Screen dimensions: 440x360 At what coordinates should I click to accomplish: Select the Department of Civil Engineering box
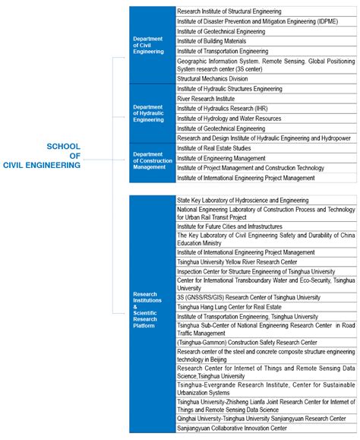pyautogui.click(x=150, y=45)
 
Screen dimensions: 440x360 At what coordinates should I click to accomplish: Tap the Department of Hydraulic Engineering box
pyautogui.click(x=150, y=113)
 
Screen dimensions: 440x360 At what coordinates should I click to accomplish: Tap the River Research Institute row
pyautogui.click(x=206, y=99)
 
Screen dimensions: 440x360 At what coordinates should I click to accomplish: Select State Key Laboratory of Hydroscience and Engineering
pyautogui.click(x=242, y=199)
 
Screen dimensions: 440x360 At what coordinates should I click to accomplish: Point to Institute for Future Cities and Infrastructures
pyautogui.click(x=229, y=226)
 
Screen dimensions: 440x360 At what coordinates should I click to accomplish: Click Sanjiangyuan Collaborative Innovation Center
pyautogui.click(x=232, y=428)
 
